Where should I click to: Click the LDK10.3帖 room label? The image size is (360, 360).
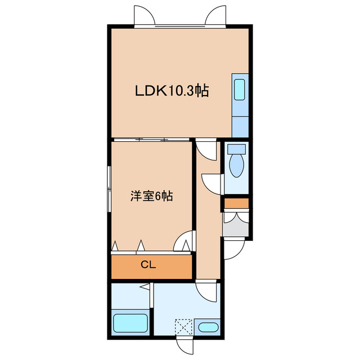click(172, 91)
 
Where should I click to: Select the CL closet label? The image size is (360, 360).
click(148, 265)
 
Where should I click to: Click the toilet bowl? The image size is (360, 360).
click(236, 166)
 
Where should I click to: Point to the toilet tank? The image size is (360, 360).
click(236, 150)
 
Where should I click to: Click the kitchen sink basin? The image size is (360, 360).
click(240, 90)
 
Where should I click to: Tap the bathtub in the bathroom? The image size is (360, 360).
click(130, 323)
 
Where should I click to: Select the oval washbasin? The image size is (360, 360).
click(208, 327)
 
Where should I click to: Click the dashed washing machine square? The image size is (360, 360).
click(182, 327)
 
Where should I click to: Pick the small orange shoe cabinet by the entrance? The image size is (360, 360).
click(236, 202)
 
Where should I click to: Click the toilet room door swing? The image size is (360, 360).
click(213, 183)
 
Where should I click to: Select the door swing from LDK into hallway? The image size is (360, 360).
click(206, 149)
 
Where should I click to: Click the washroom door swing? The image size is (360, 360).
click(208, 290)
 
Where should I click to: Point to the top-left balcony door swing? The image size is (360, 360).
click(144, 16)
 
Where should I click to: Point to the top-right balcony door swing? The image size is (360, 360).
click(216, 16)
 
